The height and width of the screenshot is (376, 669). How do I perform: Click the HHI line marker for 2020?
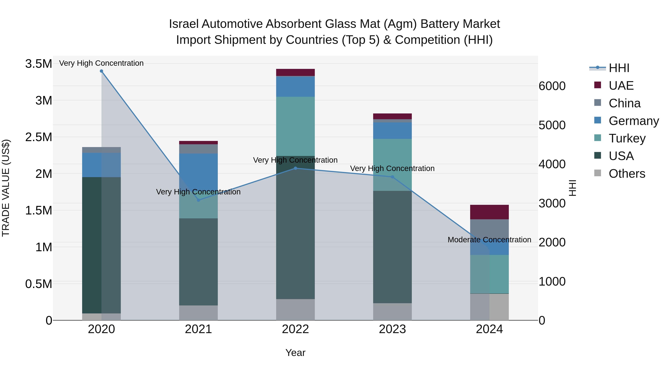(x=101, y=71)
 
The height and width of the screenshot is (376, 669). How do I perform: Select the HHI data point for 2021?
(x=198, y=200)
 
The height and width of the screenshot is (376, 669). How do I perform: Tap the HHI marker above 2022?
(x=295, y=168)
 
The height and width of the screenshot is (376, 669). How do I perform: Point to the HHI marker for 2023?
(x=392, y=177)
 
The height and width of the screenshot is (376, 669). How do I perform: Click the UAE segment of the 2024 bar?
(x=489, y=212)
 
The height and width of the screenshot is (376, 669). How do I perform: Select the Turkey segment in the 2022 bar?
(x=295, y=126)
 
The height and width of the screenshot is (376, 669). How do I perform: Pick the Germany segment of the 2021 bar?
(x=198, y=171)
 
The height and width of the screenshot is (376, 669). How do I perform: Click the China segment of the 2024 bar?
(x=489, y=228)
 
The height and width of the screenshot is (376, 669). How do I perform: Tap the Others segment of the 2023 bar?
(x=392, y=311)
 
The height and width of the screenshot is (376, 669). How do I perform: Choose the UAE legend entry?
(x=621, y=86)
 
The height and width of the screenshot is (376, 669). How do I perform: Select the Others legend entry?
(x=626, y=174)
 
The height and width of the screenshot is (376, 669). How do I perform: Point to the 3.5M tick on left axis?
(x=39, y=64)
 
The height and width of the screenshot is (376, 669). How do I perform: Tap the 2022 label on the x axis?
(x=295, y=329)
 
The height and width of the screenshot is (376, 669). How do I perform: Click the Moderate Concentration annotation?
(x=489, y=240)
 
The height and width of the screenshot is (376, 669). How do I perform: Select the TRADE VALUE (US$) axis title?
(x=6, y=188)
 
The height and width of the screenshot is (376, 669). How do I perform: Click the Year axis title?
(x=295, y=353)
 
